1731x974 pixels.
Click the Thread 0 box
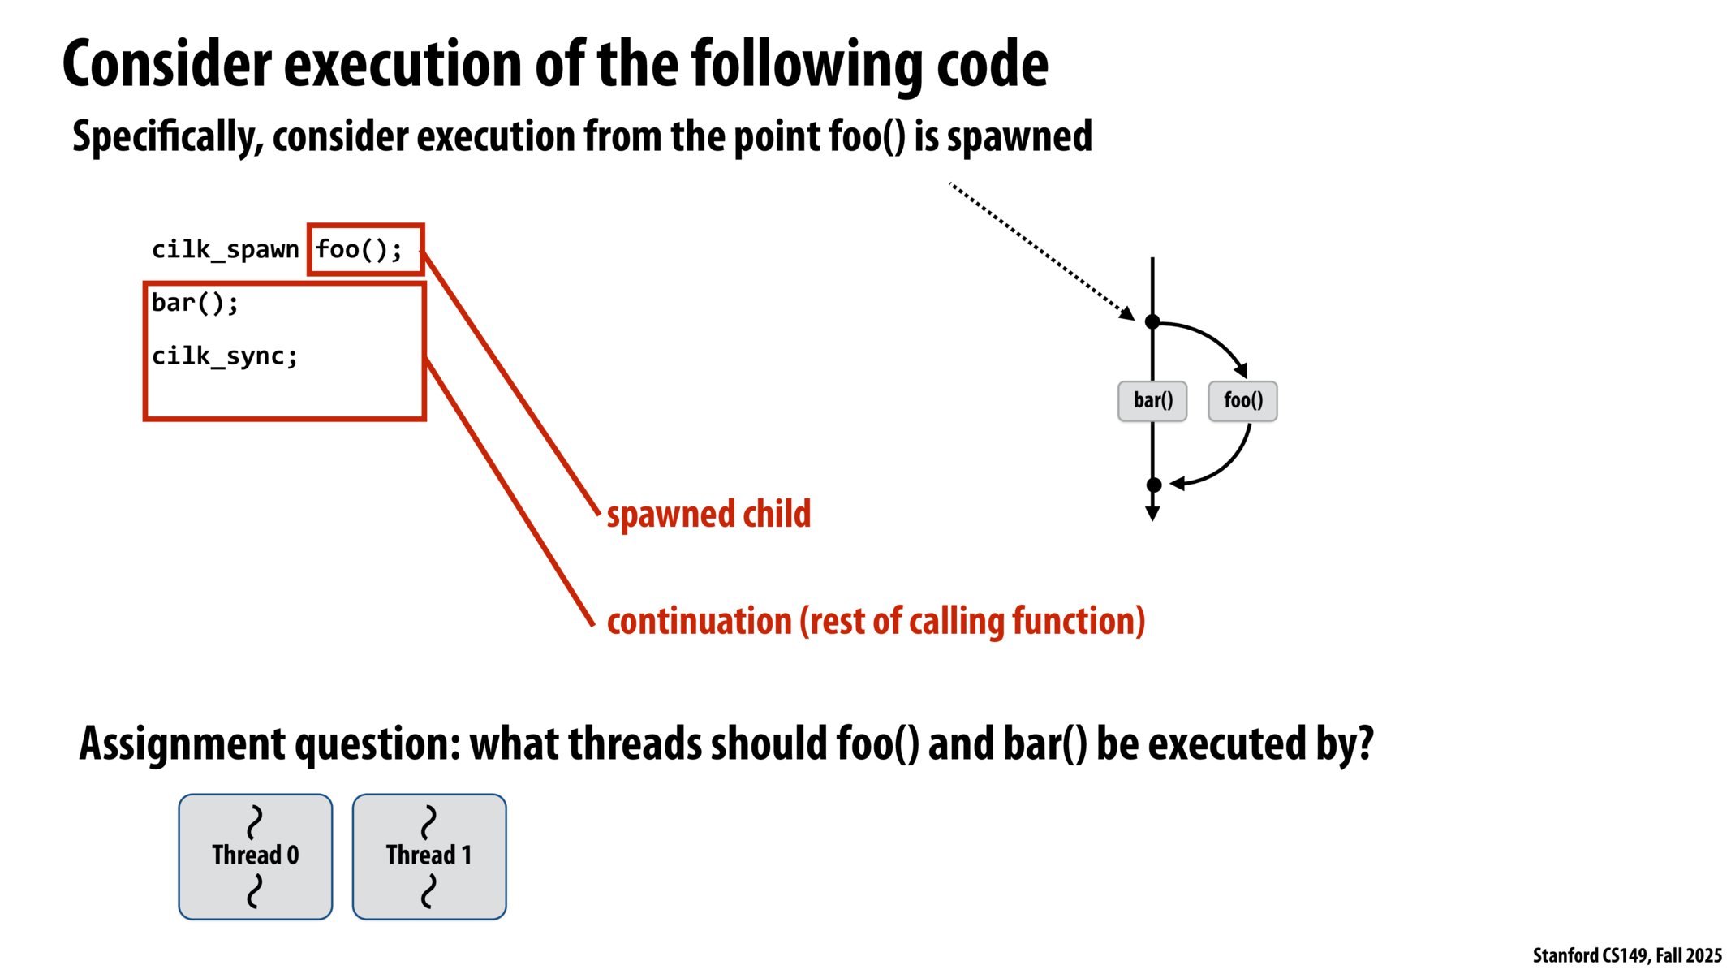coord(255,856)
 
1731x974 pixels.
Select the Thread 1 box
coord(428,856)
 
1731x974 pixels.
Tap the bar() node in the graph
coord(1152,401)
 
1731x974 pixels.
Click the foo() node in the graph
coord(1242,401)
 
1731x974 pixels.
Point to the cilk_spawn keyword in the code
coord(225,249)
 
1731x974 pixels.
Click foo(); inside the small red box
coord(359,249)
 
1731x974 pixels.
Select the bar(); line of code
coord(195,303)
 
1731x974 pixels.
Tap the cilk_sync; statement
coord(225,356)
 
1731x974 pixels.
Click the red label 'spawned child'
coord(708,514)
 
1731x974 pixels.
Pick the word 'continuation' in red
coord(699,621)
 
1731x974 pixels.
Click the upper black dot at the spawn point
coord(1152,322)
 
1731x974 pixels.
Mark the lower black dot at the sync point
coord(1153,485)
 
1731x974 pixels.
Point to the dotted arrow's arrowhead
coord(1128,314)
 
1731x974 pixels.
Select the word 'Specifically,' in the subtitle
coord(167,136)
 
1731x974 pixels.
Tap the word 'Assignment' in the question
coord(183,743)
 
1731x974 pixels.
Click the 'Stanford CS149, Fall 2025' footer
coord(1626,955)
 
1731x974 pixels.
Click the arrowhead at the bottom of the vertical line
coord(1152,514)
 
